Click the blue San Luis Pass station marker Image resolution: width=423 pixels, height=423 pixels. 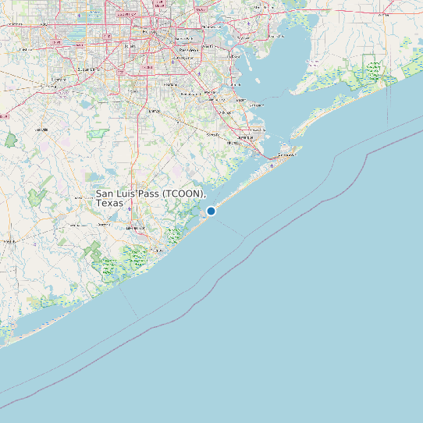[211, 211]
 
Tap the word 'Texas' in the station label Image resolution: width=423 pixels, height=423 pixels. [110, 203]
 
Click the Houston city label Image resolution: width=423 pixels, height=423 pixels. [160, 32]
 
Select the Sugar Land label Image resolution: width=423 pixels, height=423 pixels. [88, 69]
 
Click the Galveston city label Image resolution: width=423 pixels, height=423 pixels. [286, 155]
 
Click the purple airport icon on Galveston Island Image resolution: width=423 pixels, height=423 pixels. [271, 165]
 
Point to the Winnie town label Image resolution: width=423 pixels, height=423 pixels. [384, 14]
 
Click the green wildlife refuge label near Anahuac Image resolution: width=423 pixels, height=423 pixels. [373, 72]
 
